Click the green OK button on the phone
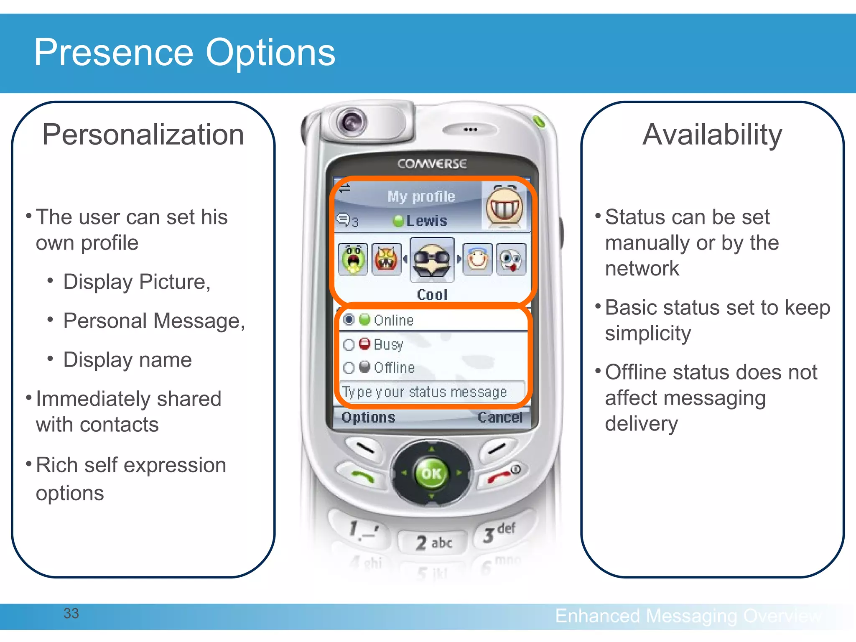[431, 474]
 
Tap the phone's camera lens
[352, 122]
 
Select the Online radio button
[349, 320]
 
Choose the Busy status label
[388, 344]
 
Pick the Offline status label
[394, 367]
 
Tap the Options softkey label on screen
[368, 417]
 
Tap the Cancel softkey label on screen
[500, 417]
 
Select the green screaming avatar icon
[353, 260]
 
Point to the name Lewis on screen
[426, 221]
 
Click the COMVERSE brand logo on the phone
[432, 163]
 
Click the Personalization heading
[143, 135]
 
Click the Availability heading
[712, 135]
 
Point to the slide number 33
[71, 613]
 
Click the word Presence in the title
[114, 53]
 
